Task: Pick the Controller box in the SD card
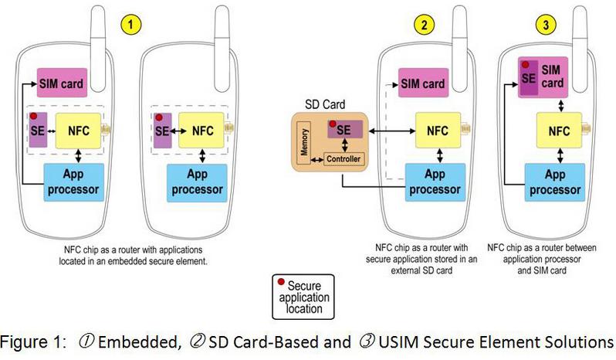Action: click(344, 160)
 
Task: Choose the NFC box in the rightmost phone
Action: click(558, 131)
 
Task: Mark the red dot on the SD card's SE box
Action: click(333, 124)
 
